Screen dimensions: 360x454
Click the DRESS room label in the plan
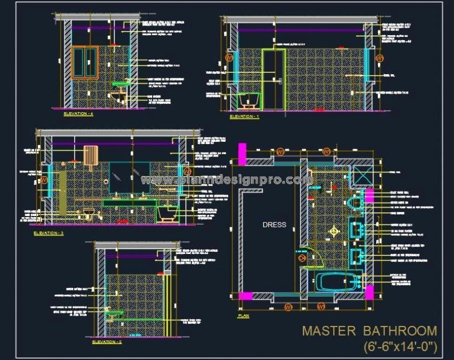(274, 225)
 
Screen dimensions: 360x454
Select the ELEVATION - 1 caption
(244, 117)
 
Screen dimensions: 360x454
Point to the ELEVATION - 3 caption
(49, 232)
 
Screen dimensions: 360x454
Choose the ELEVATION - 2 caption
(107, 342)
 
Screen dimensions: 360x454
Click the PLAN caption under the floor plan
(243, 315)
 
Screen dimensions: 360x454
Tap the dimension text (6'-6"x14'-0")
(401, 345)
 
